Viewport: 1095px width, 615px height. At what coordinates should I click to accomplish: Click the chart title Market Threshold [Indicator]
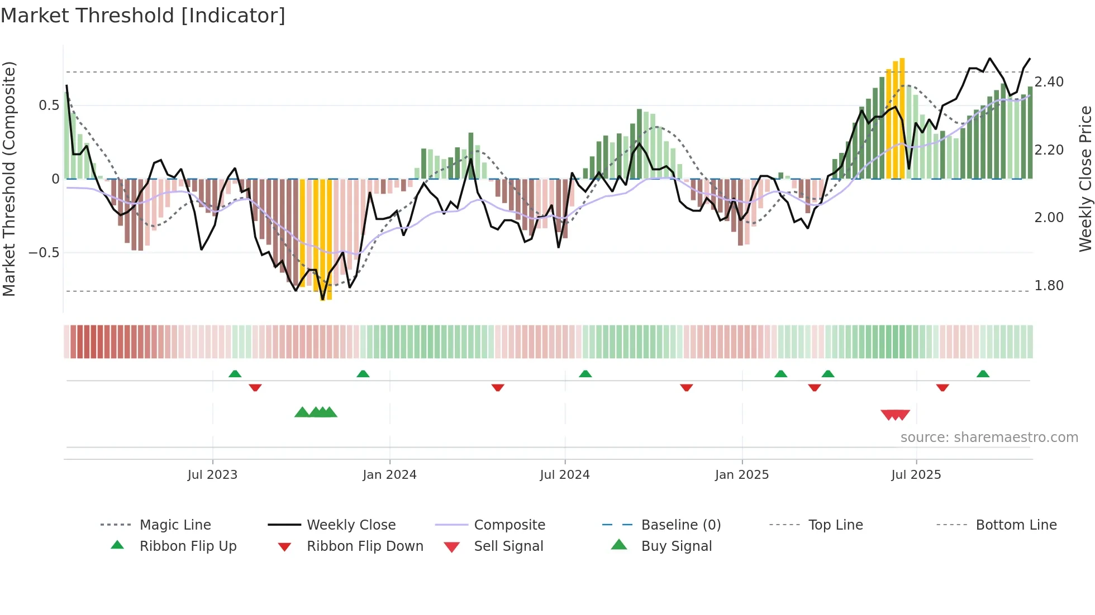click(x=143, y=16)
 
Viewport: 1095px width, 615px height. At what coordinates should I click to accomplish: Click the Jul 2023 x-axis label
click(x=212, y=475)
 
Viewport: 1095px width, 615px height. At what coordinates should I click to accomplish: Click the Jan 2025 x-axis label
click(x=742, y=475)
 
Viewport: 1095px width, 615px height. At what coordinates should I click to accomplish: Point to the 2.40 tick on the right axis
click(x=1049, y=82)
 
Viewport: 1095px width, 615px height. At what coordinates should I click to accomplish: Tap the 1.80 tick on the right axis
click(x=1049, y=286)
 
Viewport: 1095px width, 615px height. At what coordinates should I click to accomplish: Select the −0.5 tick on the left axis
click(x=44, y=253)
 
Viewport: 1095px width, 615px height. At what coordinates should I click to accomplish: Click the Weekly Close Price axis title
click(x=1085, y=179)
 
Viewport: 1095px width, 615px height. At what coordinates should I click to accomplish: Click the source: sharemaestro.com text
click(x=989, y=438)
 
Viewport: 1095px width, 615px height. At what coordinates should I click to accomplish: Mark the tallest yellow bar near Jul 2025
click(x=902, y=117)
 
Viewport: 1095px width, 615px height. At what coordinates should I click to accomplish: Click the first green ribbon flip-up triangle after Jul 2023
click(x=235, y=373)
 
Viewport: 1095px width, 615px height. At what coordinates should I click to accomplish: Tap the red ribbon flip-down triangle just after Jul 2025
click(x=942, y=387)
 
